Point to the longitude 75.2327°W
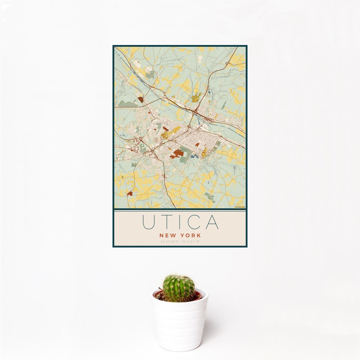click(x=191, y=242)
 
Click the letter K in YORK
click(x=198, y=235)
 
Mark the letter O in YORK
click(x=188, y=235)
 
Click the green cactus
click(x=179, y=288)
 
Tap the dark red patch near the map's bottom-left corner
click(x=130, y=194)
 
